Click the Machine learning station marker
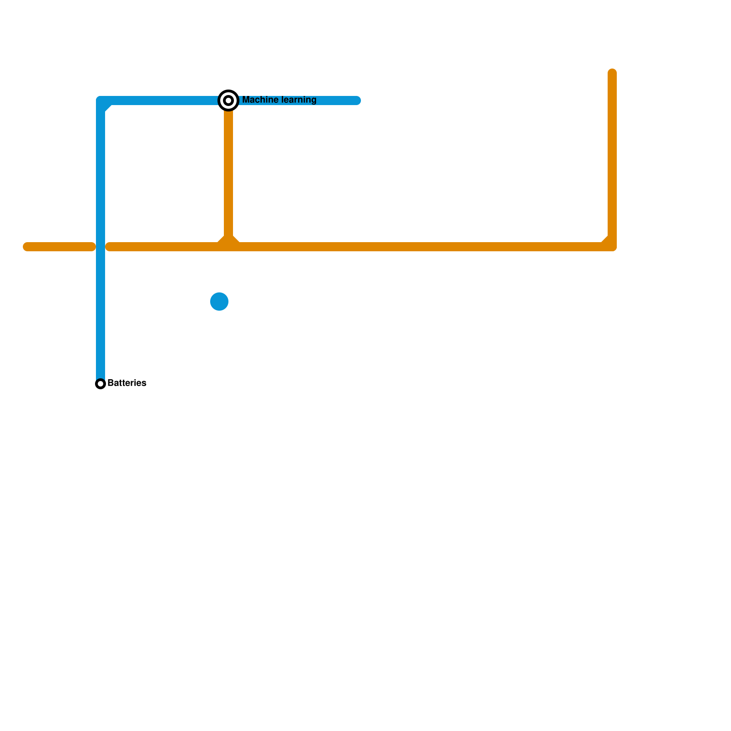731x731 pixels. click(228, 101)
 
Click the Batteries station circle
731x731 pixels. click(101, 384)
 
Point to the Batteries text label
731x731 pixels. click(127, 383)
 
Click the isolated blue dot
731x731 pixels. click(219, 302)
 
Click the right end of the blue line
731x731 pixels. click(357, 101)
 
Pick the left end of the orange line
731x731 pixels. click(26, 247)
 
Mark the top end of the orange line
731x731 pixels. click(612, 72)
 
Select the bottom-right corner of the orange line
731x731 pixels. click(612, 247)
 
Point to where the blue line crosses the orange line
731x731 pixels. click(101, 247)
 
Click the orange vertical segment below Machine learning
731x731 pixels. click(228, 174)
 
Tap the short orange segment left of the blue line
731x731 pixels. click(59, 247)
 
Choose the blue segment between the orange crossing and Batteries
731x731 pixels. click(101, 315)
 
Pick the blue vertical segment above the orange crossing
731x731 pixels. click(101, 174)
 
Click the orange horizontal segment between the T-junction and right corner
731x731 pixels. click(420, 247)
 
